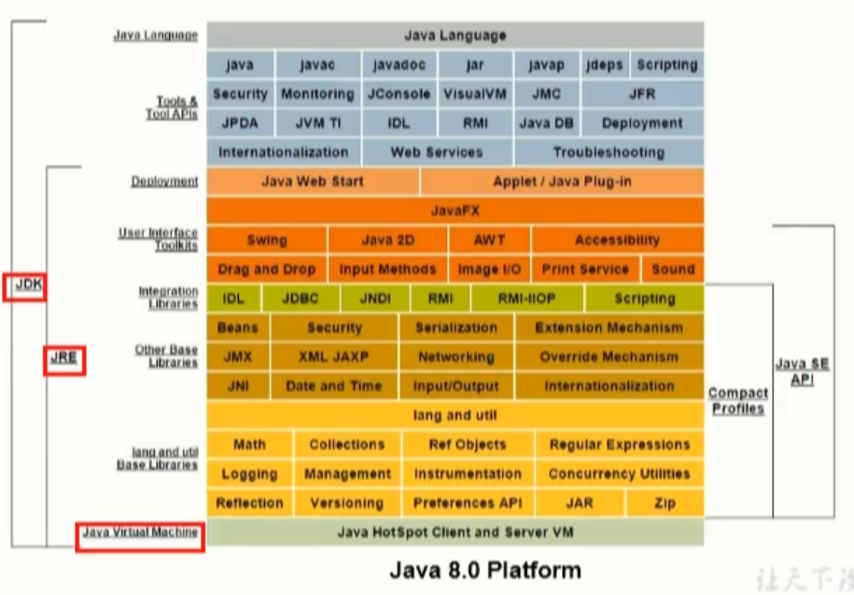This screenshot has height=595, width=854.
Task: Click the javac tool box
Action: (317, 65)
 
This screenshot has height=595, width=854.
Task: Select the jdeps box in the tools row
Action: (604, 65)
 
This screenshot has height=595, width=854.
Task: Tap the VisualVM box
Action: (474, 94)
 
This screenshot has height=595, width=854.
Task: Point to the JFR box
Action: (642, 94)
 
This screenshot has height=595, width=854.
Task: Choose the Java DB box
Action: (546, 123)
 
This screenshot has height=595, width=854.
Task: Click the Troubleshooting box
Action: (609, 152)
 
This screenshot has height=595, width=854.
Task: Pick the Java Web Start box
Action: (313, 181)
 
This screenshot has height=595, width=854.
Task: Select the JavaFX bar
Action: (455, 211)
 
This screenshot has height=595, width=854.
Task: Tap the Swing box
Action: (267, 240)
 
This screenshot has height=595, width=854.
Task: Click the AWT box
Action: (489, 240)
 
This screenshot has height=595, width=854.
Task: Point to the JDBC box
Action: (300, 299)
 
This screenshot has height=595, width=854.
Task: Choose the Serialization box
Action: (455, 328)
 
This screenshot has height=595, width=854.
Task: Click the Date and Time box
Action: (333, 386)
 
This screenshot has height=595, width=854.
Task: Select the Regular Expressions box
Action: (620, 445)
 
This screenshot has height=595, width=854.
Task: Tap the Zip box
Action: (665, 503)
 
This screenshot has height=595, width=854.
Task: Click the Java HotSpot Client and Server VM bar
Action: (455, 532)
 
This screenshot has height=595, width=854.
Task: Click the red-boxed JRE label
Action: (64, 358)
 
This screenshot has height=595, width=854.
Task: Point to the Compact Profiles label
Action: (738, 401)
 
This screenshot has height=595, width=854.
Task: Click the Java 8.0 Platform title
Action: (484, 570)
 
